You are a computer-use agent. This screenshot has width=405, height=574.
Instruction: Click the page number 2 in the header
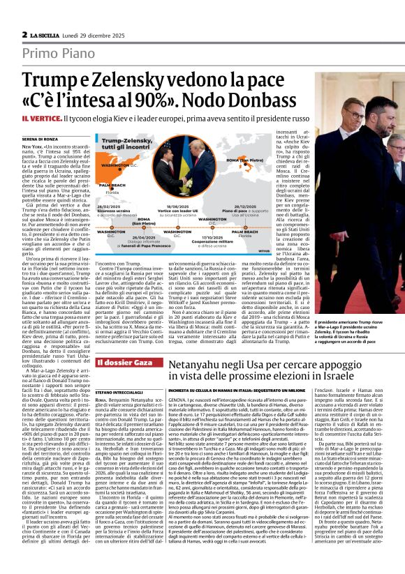point(24,34)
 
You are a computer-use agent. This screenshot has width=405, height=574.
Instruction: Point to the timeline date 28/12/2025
point(250,207)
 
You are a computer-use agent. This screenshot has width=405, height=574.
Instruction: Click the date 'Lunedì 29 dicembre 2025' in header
point(91,34)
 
